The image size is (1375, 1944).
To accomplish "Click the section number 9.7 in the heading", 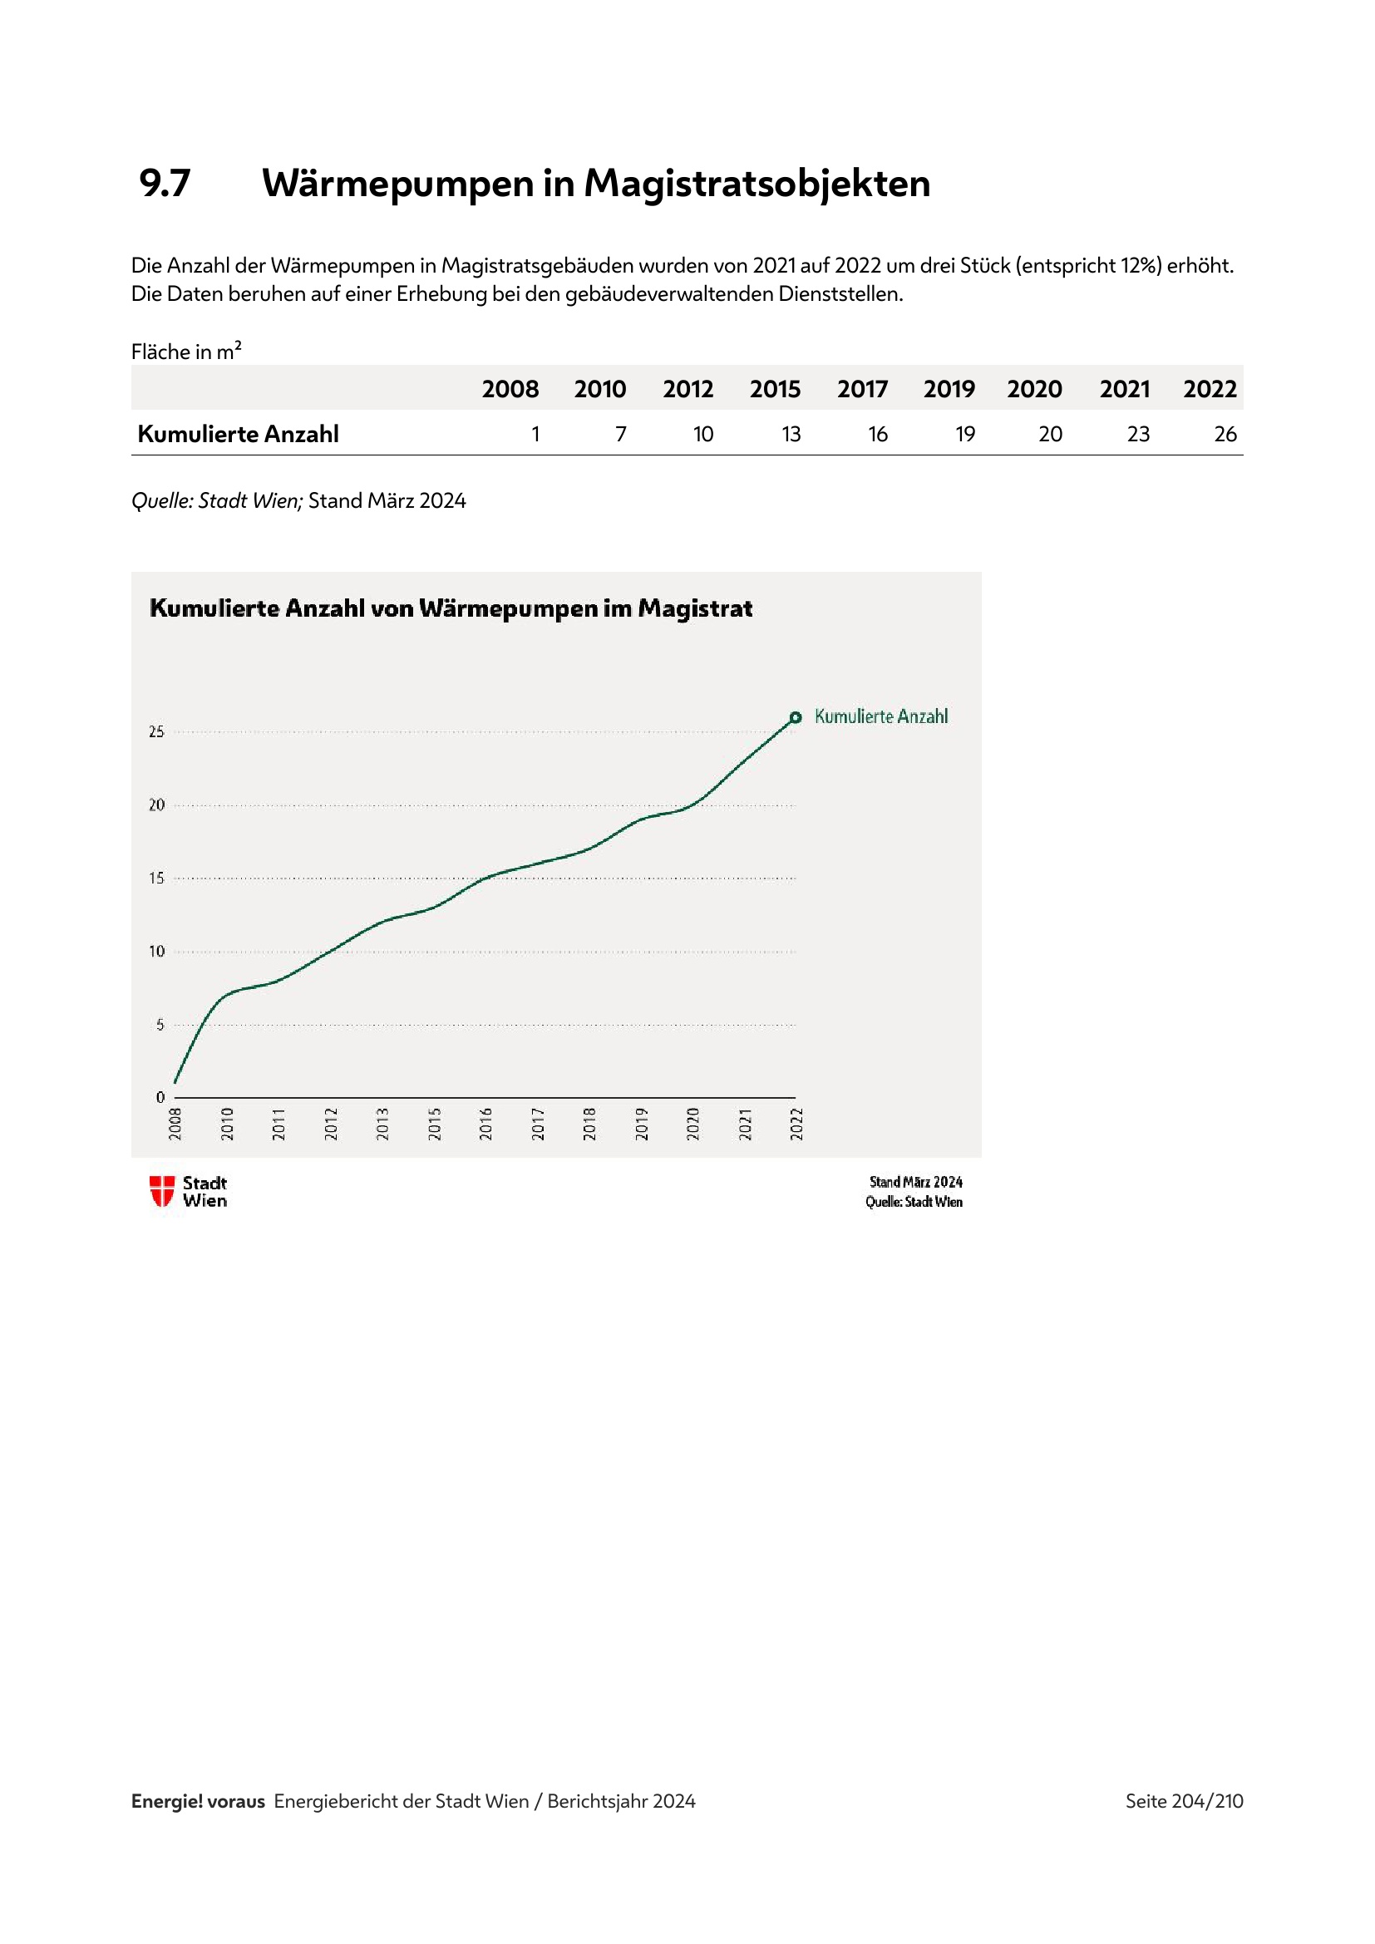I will [x=165, y=183].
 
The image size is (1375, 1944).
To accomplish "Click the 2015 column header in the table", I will [x=775, y=390].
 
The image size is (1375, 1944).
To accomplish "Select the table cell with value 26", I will [x=1225, y=435].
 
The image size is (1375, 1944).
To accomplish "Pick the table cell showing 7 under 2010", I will [x=621, y=435].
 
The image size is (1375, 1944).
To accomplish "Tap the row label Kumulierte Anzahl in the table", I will [x=238, y=435].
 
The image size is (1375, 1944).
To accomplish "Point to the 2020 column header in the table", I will [x=1034, y=390].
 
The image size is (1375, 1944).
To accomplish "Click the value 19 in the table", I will [x=964, y=435].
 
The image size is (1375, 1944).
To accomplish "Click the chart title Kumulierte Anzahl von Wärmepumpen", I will [x=451, y=608].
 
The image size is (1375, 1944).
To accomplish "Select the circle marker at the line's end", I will [x=795, y=718].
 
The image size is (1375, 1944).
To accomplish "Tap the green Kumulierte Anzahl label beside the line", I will [x=880, y=717].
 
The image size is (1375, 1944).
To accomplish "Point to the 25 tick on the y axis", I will [x=156, y=731].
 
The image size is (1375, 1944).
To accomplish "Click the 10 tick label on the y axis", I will [x=156, y=952].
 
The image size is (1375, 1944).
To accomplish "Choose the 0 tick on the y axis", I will [x=160, y=1097].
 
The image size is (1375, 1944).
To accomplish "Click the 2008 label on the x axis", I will [x=175, y=1124].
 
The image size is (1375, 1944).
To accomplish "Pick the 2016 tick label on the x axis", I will [x=486, y=1124].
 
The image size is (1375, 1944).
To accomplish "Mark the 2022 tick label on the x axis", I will [x=796, y=1124].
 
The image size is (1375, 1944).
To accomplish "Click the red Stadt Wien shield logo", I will [x=162, y=1191].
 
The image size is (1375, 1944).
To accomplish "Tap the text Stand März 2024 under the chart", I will [x=915, y=1182].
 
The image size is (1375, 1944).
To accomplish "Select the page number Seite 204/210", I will [x=1183, y=1801].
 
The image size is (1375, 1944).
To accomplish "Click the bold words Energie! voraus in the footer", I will [x=197, y=1801].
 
